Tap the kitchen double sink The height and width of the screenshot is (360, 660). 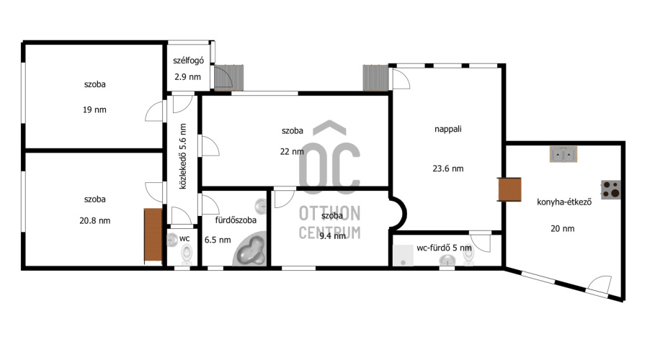click(x=563, y=154)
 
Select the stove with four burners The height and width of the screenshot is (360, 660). click(x=611, y=189)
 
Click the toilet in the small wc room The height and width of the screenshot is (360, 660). click(x=187, y=253)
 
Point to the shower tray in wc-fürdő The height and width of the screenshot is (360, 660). click(x=403, y=256)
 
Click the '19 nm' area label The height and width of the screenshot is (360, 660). click(x=94, y=110)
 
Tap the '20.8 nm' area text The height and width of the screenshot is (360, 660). click(x=94, y=220)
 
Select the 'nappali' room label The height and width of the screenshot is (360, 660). click(x=448, y=129)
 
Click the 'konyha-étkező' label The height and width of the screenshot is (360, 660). click(x=564, y=202)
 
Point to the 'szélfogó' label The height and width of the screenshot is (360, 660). click(x=188, y=60)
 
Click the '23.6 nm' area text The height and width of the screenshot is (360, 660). click(x=448, y=168)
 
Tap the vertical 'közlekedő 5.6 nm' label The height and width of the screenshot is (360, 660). click(x=183, y=156)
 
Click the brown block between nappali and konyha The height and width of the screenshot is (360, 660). click(x=509, y=189)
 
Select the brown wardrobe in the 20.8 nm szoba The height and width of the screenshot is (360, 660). click(x=153, y=235)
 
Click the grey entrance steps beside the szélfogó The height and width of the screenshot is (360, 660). click(x=229, y=78)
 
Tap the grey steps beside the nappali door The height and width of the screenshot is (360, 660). click(x=375, y=78)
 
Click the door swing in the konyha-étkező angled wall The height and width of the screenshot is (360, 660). click(x=599, y=284)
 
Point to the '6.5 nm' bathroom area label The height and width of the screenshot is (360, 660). click(x=218, y=240)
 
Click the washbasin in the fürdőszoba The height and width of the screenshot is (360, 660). click(x=261, y=207)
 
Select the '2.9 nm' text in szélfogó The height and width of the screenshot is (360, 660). click(x=188, y=77)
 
